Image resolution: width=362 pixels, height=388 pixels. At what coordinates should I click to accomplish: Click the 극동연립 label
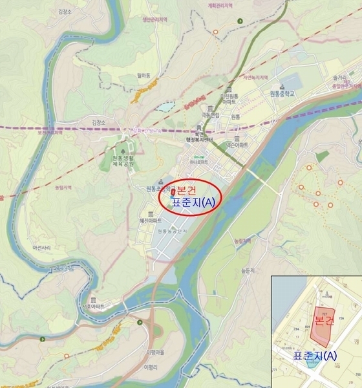[210, 115]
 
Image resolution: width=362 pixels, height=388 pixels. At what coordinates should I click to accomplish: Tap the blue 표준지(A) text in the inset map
[315, 355]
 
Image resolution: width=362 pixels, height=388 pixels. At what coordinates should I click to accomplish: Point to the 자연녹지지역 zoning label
[255, 76]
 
